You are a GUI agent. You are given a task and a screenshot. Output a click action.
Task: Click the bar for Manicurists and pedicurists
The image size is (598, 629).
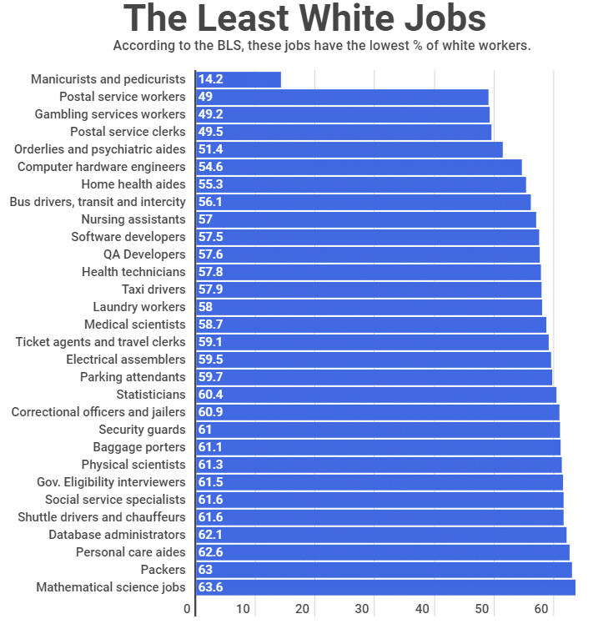(239, 79)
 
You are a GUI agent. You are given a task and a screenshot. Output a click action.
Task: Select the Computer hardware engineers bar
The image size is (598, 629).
(359, 167)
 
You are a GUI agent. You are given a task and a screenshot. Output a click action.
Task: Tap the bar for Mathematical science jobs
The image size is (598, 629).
(385, 587)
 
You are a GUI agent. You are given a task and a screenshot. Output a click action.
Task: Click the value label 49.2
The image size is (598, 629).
(210, 114)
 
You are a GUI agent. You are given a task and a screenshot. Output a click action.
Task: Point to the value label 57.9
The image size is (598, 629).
(210, 289)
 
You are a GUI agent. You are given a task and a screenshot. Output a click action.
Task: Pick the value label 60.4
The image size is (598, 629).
(210, 395)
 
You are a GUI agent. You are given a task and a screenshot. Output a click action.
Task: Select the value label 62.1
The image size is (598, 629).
(210, 535)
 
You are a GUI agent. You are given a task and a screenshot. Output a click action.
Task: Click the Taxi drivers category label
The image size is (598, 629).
(153, 289)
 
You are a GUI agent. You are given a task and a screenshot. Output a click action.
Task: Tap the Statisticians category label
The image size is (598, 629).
(151, 395)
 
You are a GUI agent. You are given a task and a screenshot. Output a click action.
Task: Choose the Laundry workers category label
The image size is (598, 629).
(139, 307)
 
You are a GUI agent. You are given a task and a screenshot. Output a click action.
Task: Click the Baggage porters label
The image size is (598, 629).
(138, 447)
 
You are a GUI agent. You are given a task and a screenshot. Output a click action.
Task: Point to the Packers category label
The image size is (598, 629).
(163, 570)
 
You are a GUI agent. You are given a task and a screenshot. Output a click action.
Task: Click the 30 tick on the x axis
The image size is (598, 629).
(362, 609)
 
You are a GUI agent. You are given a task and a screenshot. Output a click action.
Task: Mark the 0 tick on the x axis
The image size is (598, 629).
(187, 609)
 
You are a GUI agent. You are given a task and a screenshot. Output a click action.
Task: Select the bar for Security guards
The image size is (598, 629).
(378, 430)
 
